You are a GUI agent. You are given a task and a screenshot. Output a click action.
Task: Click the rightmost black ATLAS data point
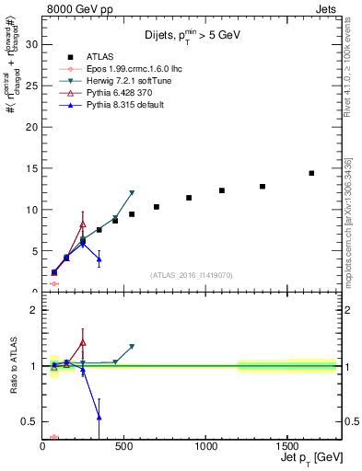click(311, 173)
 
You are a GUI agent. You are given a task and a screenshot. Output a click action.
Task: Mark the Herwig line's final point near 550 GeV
click(132, 193)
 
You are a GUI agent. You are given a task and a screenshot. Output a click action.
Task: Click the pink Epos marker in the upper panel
click(54, 283)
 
